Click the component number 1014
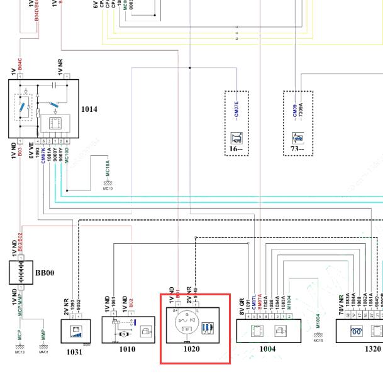pos(89,109)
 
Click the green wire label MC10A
pos(108,168)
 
